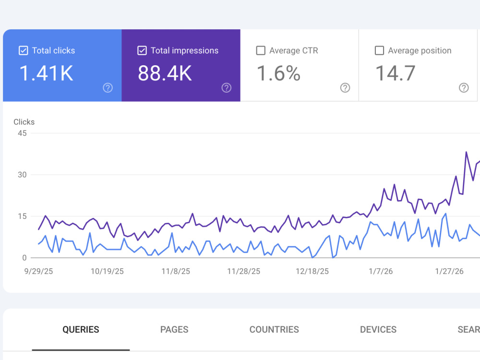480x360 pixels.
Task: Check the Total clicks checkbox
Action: pos(23,50)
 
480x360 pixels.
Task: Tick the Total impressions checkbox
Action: pos(142,50)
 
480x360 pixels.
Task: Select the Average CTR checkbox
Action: pos(261,50)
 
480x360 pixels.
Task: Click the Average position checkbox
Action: pos(379,50)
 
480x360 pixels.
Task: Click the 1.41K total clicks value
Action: pos(46,73)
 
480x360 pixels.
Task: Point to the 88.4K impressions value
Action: pos(165,73)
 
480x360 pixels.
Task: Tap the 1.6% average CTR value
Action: pos(278,73)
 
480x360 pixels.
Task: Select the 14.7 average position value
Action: pos(395,73)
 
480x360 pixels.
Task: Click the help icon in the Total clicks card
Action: pos(108,88)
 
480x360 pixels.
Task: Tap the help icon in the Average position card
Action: pos(464,88)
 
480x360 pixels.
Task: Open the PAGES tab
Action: pos(174,329)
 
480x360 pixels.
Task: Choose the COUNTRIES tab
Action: pos(274,329)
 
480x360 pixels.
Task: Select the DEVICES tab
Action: pos(378,329)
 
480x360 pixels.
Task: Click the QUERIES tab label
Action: pos(81,329)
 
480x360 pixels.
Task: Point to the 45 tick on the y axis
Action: pos(22,133)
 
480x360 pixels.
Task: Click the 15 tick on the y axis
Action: pos(22,216)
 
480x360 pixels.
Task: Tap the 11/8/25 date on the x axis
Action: pos(176,271)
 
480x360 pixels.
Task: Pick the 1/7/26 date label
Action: pos(381,271)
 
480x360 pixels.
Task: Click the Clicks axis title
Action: pos(24,122)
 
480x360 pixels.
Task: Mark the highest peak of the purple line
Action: pos(466,152)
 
